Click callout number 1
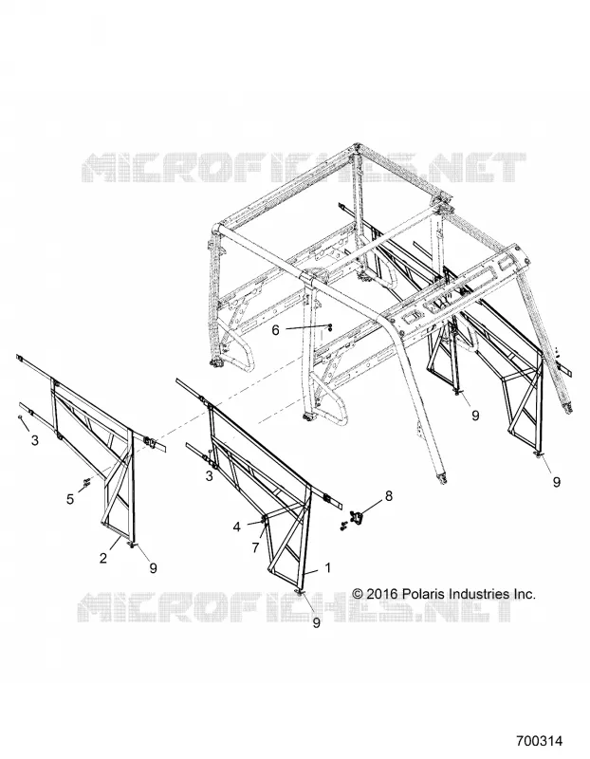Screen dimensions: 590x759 [x=327, y=567]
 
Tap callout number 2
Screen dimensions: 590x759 [x=103, y=558]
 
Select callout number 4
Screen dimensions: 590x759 [x=237, y=527]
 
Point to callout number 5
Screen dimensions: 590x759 [x=70, y=499]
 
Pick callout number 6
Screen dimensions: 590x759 [x=275, y=330]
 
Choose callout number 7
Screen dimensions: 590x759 [x=255, y=548]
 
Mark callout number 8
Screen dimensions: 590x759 [x=388, y=495]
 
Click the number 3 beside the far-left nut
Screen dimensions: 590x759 [x=34, y=440]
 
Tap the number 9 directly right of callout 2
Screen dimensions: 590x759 [x=153, y=567]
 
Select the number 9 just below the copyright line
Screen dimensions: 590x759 [x=316, y=623]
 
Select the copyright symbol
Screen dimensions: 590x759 [x=358, y=594]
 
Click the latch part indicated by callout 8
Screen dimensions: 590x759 [x=357, y=517]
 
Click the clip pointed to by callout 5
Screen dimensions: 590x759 [x=87, y=481]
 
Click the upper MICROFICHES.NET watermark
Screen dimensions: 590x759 [x=304, y=168]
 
